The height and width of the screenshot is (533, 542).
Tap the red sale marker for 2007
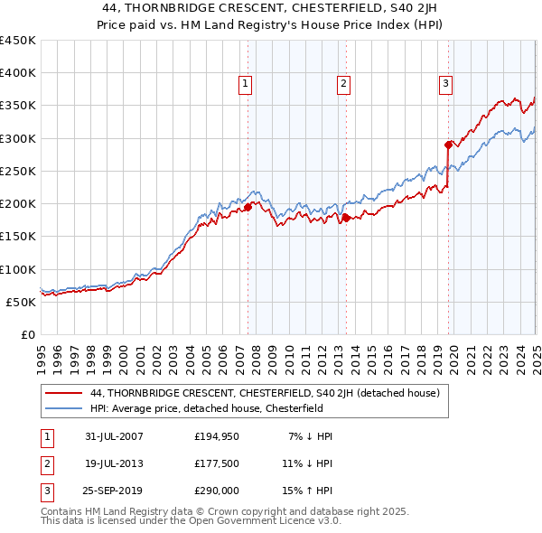click(x=248, y=207)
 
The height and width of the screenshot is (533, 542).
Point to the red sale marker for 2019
click(x=448, y=144)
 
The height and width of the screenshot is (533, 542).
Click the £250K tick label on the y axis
click(x=17, y=171)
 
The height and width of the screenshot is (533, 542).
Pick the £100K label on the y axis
click(x=17, y=269)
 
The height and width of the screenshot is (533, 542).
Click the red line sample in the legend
click(x=62, y=393)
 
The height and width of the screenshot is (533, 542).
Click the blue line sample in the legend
click(x=62, y=407)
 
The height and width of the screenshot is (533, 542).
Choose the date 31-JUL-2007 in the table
click(x=114, y=436)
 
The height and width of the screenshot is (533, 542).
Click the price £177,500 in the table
click(x=217, y=464)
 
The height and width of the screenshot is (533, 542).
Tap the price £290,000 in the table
click(x=217, y=492)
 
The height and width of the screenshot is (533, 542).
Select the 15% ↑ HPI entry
click(x=306, y=492)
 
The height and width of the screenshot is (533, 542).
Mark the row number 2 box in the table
click(x=45, y=464)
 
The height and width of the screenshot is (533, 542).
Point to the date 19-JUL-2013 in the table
click(x=114, y=464)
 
